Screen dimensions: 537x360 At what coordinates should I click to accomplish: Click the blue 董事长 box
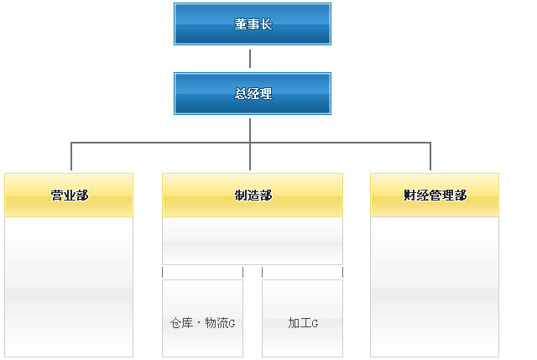pyautogui.click(x=253, y=24)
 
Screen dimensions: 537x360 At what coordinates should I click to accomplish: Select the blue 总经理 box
pyautogui.click(x=253, y=93)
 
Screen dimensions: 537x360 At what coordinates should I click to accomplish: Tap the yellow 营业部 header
pyautogui.click(x=69, y=195)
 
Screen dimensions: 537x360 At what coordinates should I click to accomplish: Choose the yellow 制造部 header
pyautogui.click(x=253, y=195)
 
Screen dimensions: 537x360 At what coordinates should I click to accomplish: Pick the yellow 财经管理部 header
pyautogui.click(x=435, y=195)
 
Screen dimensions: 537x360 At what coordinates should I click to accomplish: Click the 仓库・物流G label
pyautogui.click(x=203, y=323)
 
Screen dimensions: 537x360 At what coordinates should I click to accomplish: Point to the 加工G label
pyautogui.click(x=303, y=323)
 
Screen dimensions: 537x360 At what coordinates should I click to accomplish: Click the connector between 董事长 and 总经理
pyautogui.click(x=250, y=59)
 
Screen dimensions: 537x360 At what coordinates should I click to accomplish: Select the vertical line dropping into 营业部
pyautogui.click(x=71, y=156)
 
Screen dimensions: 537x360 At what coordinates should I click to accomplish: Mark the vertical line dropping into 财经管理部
pyautogui.click(x=430, y=156)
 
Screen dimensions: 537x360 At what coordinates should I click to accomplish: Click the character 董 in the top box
pyautogui.click(x=241, y=24)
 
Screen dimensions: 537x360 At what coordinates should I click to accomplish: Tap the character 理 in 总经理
pyautogui.click(x=266, y=93)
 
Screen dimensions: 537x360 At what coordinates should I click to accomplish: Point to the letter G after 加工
pyautogui.click(x=315, y=324)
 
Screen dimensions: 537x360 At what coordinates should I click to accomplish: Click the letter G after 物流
pyautogui.click(x=232, y=324)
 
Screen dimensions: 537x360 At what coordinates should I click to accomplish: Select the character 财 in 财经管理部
pyautogui.click(x=409, y=196)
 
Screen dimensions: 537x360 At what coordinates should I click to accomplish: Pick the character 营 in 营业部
pyautogui.click(x=57, y=196)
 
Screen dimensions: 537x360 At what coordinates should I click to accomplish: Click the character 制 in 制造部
pyautogui.click(x=241, y=196)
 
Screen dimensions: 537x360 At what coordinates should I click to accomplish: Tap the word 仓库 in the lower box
pyautogui.click(x=182, y=323)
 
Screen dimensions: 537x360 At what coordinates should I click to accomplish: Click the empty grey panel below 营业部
pyautogui.click(x=69, y=287)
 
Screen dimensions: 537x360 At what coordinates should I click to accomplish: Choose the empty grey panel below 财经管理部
pyautogui.click(x=435, y=287)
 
